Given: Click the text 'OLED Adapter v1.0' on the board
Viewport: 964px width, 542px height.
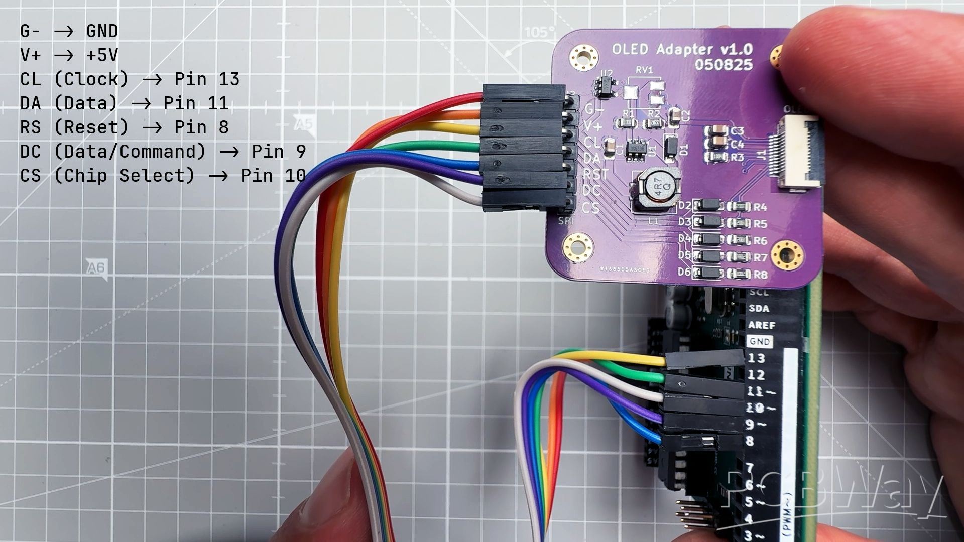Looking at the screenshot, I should [682, 49].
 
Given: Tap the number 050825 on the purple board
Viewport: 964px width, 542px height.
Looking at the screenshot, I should [724, 65].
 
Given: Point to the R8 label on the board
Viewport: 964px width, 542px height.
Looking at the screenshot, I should [760, 275].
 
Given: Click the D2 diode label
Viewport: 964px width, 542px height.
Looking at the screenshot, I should [684, 206].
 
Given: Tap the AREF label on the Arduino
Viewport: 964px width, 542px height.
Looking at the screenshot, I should [761, 325].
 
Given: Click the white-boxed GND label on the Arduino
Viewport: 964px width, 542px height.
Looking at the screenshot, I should [759, 342].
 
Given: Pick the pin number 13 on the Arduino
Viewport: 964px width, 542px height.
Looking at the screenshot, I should [756, 358].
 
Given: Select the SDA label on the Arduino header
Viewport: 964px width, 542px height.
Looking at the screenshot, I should [759, 309].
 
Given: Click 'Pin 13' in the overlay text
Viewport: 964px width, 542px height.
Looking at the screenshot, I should [207, 79].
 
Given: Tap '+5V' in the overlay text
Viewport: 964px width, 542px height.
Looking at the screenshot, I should [102, 55].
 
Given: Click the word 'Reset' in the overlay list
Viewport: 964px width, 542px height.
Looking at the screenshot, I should [91, 127].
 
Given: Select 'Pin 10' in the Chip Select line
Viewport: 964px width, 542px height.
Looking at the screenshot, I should [273, 176].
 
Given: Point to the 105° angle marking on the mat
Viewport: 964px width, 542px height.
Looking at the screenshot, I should [540, 33].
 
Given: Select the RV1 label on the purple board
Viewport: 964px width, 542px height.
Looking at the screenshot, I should [644, 70].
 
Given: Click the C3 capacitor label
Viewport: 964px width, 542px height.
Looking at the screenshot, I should [737, 131].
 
